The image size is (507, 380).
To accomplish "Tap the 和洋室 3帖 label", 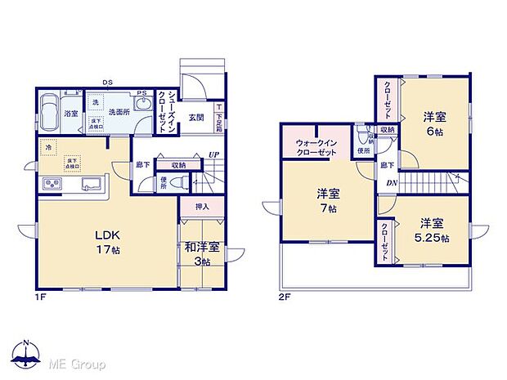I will (201, 253).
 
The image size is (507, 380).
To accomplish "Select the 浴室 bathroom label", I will (70, 114).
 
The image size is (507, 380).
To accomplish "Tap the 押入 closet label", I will (202, 207).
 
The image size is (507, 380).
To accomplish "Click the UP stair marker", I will (214, 154).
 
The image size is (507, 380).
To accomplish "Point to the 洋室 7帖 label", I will (330, 199).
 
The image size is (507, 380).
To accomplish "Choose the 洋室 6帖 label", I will (434, 123).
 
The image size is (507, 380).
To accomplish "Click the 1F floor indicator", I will (39, 297).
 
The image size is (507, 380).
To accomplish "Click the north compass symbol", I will (26, 352).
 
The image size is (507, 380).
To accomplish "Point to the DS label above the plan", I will (107, 82).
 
